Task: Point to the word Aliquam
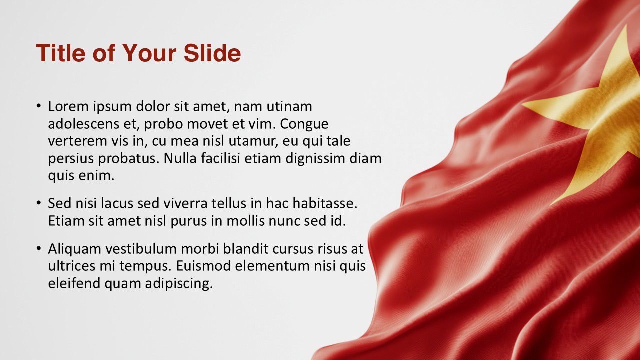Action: pyautogui.click(x=72, y=249)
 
